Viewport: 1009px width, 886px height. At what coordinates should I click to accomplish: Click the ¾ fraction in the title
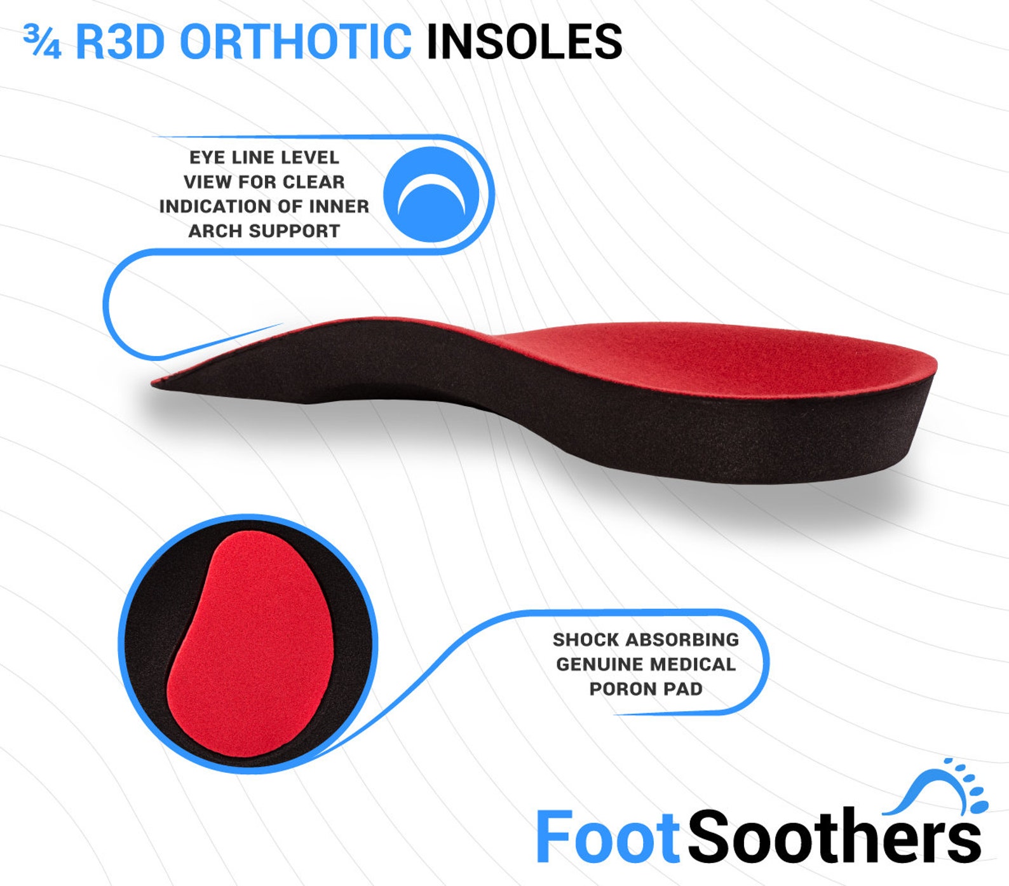(x=42, y=42)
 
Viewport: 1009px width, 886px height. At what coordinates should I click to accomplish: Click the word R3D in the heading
(x=120, y=42)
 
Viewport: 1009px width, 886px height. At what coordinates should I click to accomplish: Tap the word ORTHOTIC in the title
(x=295, y=42)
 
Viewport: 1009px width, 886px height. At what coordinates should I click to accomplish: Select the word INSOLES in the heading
(x=524, y=42)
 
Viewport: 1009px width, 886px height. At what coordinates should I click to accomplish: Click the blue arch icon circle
(x=431, y=194)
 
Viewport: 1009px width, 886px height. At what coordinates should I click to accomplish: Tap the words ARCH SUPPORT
(x=264, y=231)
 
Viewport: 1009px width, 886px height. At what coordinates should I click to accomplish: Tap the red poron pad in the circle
(x=251, y=642)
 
